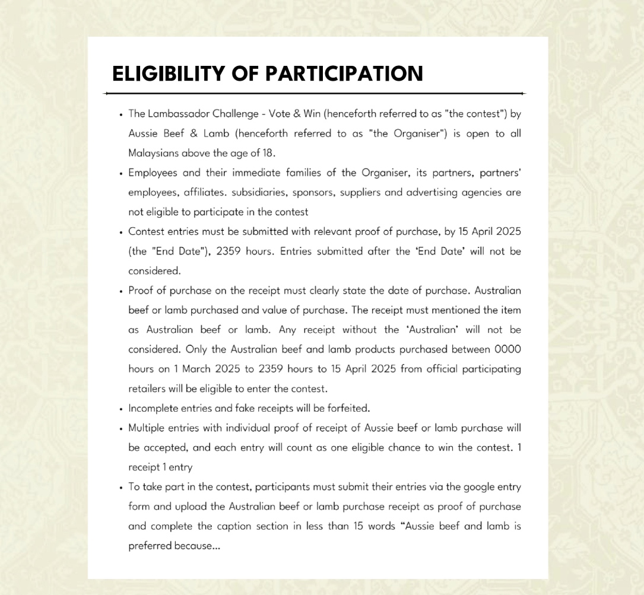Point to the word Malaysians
154,153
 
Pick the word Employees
153,173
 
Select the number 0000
507,349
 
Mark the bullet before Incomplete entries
121,409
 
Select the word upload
176,507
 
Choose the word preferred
150,546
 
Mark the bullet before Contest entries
121,232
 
